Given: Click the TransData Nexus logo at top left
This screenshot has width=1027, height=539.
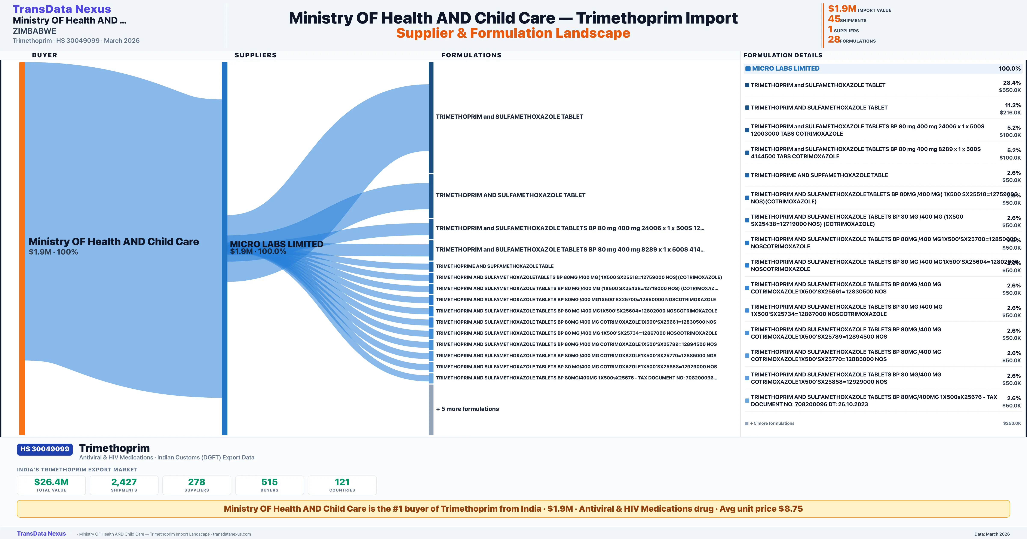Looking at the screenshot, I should pyautogui.click(x=62, y=9).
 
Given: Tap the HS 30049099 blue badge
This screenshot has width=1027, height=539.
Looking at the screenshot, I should pyautogui.click(x=45, y=449).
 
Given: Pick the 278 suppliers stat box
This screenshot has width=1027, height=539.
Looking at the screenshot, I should pyautogui.click(x=197, y=485).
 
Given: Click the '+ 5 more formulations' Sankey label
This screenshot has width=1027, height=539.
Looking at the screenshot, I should pyautogui.click(x=467, y=409).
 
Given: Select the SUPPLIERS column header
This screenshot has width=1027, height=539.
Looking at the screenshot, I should pyautogui.click(x=255, y=55).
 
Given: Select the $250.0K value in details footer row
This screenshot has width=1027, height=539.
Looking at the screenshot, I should pyautogui.click(x=1012, y=423).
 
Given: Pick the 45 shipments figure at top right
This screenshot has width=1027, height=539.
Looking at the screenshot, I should pyautogui.click(x=834, y=19).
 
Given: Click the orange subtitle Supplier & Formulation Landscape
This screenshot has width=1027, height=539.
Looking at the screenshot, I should pyautogui.click(x=513, y=33).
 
